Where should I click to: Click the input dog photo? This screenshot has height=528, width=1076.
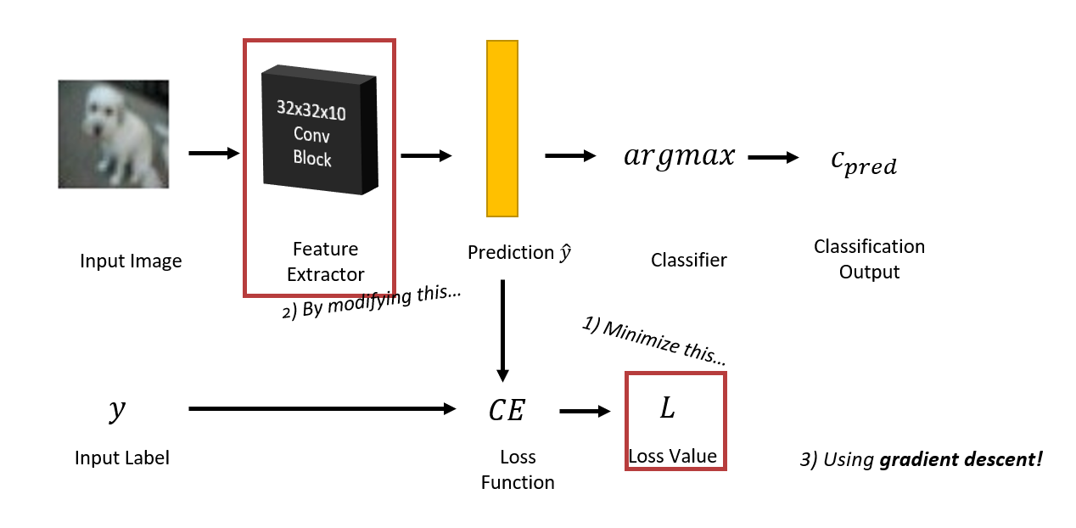point(113,134)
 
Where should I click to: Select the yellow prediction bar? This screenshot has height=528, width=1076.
point(502,128)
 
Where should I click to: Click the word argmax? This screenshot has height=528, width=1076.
point(679,157)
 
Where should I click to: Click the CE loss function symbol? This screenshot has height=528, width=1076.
point(507,411)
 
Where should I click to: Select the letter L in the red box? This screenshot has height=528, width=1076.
point(667,408)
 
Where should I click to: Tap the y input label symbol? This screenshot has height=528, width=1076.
point(116,411)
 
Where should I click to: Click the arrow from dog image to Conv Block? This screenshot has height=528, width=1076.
point(214,153)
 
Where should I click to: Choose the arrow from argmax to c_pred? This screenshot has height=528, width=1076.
point(773,157)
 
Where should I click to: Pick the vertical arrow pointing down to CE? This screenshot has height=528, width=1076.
point(502,331)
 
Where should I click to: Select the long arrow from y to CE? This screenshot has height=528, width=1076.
point(322,409)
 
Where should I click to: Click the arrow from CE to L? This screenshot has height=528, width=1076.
point(585,412)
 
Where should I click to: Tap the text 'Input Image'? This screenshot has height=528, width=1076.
point(131,261)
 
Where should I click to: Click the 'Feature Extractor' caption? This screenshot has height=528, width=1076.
point(325,261)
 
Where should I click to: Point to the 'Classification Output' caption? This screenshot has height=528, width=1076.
point(869,259)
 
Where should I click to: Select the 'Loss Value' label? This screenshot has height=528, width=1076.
point(672,456)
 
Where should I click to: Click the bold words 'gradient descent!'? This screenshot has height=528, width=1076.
point(961,460)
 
